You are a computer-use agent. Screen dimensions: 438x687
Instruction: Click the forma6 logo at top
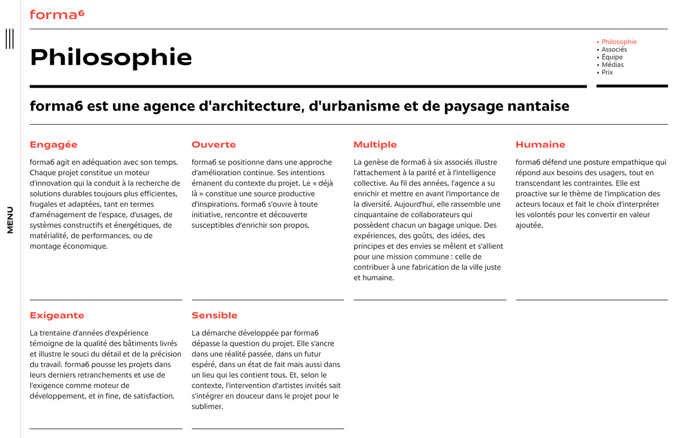[x=57, y=14]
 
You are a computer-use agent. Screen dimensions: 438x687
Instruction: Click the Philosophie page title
[x=110, y=57]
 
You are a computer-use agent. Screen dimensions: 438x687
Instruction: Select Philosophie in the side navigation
[x=619, y=42]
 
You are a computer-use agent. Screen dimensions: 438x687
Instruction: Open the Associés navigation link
[x=614, y=49]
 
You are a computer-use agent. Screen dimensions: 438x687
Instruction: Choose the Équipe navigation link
[x=612, y=57]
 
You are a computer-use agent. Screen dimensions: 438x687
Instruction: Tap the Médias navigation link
[x=612, y=65]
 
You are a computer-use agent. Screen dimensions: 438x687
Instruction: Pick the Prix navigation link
[x=607, y=73]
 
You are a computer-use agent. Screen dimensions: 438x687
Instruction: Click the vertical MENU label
[x=10, y=220]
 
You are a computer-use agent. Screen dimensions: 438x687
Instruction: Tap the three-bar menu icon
[x=10, y=38]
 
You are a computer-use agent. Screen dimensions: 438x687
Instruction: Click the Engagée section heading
[x=53, y=145]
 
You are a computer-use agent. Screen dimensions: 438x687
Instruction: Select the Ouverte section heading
[x=214, y=145]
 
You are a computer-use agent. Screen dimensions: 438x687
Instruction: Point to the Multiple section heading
[x=375, y=145]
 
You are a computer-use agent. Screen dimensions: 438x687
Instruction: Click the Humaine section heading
[x=540, y=145]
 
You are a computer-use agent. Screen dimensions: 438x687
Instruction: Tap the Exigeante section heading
[x=57, y=315]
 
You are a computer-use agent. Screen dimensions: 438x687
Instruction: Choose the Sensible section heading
[x=214, y=315]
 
